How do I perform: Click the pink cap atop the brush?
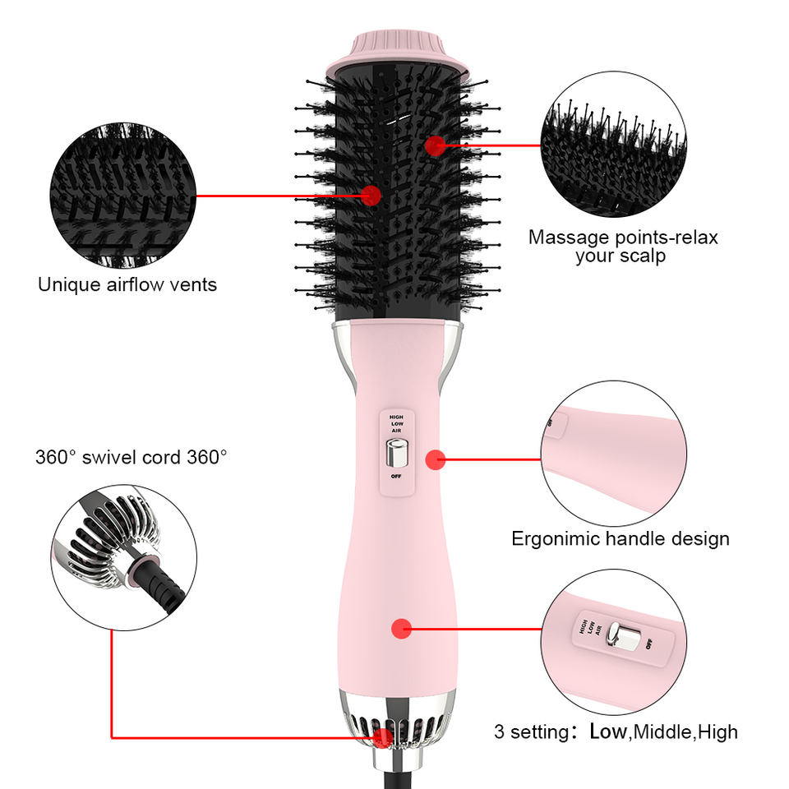[x=398, y=54]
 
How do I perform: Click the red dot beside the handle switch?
[x=436, y=459]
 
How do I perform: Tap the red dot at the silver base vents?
[x=382, y=736]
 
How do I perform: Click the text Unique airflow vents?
[x=127, y=285]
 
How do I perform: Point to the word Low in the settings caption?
[x=607, y=731]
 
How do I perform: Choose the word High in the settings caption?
[x=717, y=731]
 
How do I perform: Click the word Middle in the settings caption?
[x=662, y=731]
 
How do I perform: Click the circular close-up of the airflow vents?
[x=123, y=196]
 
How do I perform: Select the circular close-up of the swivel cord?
[x=124, y=557]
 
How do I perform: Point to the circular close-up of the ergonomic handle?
[x=614, y=454]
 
